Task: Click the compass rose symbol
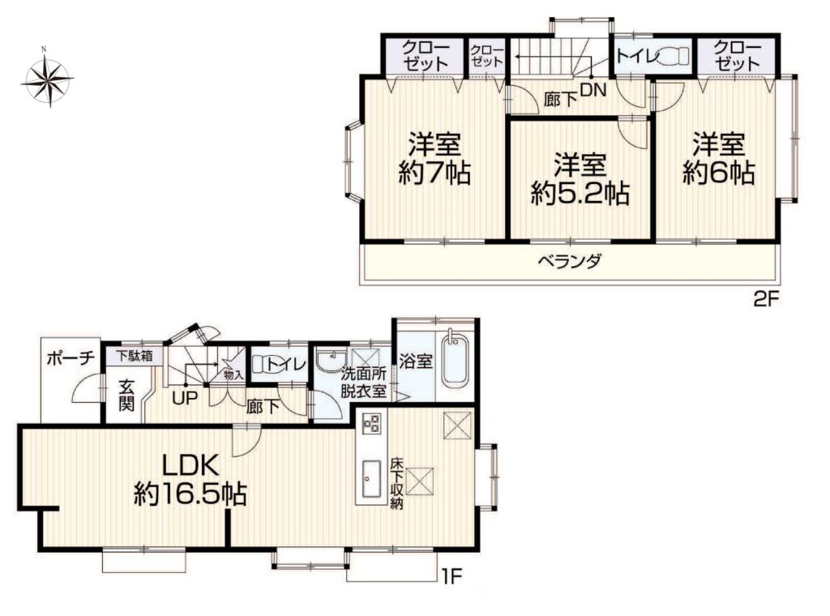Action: (49, 79)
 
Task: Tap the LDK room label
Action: (190, 466)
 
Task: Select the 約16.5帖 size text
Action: (190, 494)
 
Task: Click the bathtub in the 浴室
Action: (456, 362)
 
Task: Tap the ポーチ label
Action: (71, 358)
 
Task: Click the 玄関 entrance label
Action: (126, 396)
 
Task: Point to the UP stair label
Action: (185, 397)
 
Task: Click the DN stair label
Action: (593, 91)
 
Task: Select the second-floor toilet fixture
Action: (674, 54)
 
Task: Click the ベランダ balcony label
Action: (570, 261)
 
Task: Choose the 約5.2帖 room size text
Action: (580, 193)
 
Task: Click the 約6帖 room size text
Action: (719, 172)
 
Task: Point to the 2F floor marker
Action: (767, 300)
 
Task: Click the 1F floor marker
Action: (451, 575)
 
